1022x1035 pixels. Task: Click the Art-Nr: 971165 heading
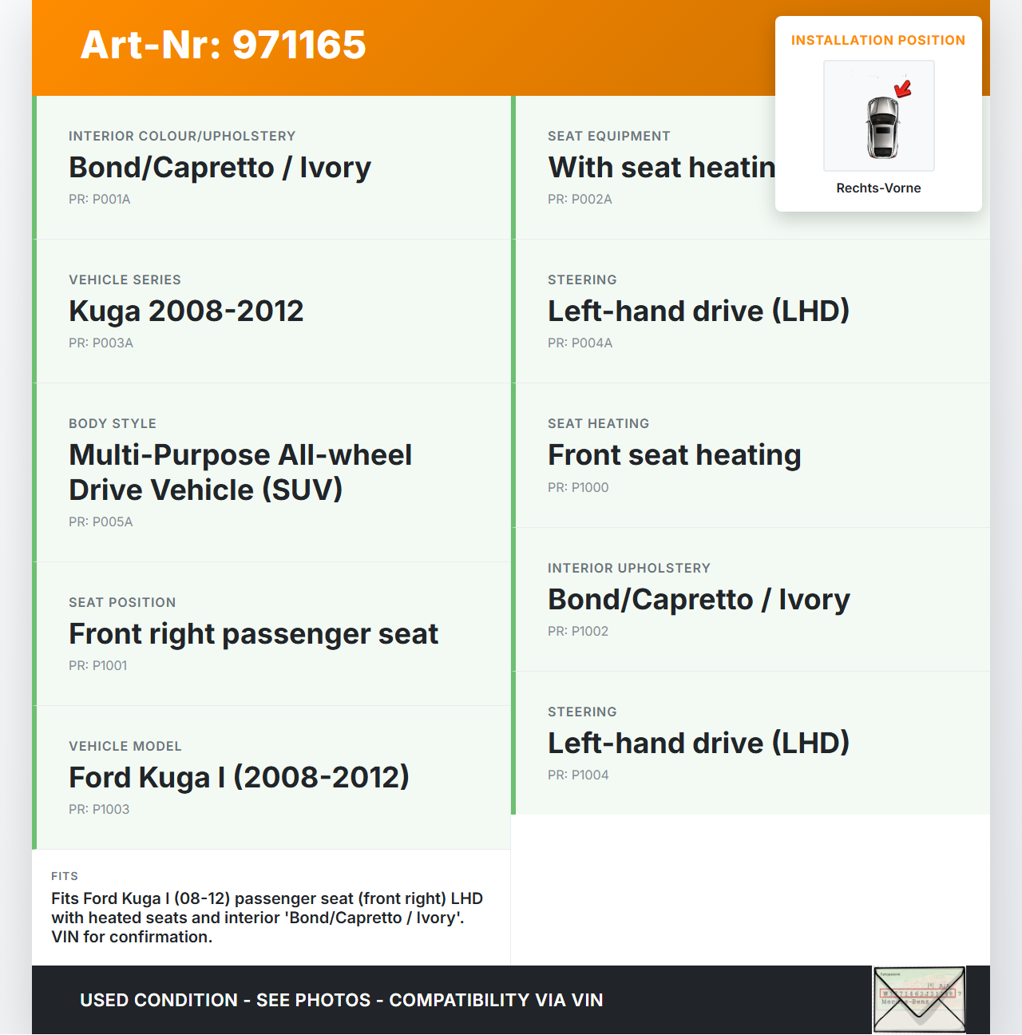pos(223,45)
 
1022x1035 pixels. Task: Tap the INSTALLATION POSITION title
pos(877,40)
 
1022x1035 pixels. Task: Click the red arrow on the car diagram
pos(903,89)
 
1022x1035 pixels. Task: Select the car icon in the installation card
pos(881,126)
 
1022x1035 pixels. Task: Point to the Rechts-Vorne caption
pos(878,188)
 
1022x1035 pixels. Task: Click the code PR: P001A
pos(99,199)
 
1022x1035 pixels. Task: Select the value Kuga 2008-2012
pos(186,311)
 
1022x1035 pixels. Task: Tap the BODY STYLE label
pos(113,423)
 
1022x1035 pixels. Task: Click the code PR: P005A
pos(101,521)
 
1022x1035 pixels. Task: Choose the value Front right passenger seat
pos(253,633)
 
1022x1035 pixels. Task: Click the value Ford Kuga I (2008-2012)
pos(239,777)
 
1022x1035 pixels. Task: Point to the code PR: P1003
pos(99,809)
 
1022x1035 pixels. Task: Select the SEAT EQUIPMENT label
pos(608,136)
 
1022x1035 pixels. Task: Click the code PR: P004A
pos(580,343)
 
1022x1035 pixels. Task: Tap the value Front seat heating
pos(674,454)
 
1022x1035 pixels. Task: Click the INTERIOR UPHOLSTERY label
pos(628,568)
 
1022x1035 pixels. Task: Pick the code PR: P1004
pos(578,775)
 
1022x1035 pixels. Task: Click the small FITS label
pos(65,876)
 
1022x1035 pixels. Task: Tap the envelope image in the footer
pos(919,1000)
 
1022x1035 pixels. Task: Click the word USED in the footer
pos(104,1000)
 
